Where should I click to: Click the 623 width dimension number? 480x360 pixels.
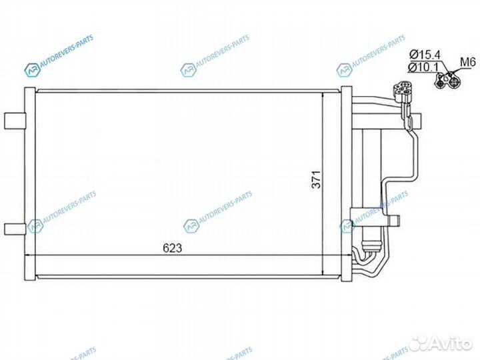[x=173, y=248]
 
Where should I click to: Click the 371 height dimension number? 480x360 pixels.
[x=317, y=179]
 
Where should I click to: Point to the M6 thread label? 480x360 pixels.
[x=467, y=64]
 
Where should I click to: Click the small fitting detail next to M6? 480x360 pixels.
[x=447, y=81]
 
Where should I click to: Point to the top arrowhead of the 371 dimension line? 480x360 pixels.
[x=323, y=95]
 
